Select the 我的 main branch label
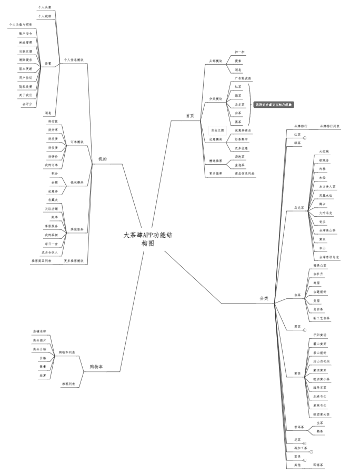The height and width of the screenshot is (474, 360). coord(103,158)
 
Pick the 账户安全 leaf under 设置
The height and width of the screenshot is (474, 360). coord(26,33)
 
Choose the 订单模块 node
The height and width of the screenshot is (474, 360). coord(77,142)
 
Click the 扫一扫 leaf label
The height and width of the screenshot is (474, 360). coord(239,52)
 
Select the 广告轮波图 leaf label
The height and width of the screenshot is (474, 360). coord(243,78)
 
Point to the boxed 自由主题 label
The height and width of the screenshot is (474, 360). coord(217,130)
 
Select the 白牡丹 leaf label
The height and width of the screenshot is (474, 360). coord(318,274)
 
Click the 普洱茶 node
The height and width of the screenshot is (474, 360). coord(298,427)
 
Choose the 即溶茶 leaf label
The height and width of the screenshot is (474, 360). coord(318,466)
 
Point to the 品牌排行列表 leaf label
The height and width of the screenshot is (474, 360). coord(330,126)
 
